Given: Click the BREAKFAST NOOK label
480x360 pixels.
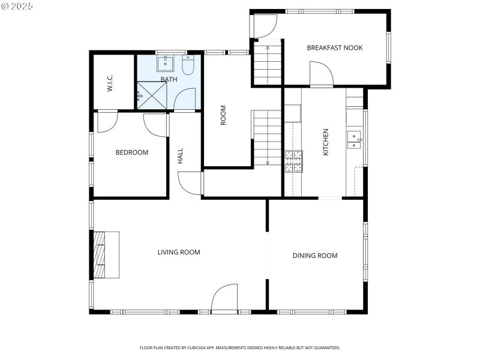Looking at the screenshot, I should [335, 47].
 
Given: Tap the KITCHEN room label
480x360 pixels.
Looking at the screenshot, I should [326, 142].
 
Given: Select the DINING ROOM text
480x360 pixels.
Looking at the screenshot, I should [315, 256].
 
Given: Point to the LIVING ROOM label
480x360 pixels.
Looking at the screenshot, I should [179, 252].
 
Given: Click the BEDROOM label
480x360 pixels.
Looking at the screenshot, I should [131, 152].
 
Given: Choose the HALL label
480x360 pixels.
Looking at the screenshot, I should [180, 157].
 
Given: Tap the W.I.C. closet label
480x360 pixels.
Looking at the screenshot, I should [110, 83].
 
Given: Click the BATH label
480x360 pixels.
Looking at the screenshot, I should [169, 79].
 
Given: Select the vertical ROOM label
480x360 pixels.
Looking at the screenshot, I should [223, 115].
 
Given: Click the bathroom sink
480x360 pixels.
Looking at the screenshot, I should [166, 64].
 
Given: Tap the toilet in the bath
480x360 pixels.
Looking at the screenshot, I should [188, 65].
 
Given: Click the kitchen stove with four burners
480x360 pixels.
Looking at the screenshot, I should [293, 161].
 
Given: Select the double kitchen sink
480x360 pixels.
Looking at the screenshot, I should [354, 139].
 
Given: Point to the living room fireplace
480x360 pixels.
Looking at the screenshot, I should [106, 254].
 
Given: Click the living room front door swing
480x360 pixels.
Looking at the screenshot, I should [224, 298].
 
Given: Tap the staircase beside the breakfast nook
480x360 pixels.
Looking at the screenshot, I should [267, 62].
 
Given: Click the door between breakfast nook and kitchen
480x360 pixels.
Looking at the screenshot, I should [322, 74].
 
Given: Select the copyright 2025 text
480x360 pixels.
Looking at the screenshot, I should [17, 6].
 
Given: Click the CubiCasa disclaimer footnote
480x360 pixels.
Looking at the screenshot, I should [240, 347].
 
